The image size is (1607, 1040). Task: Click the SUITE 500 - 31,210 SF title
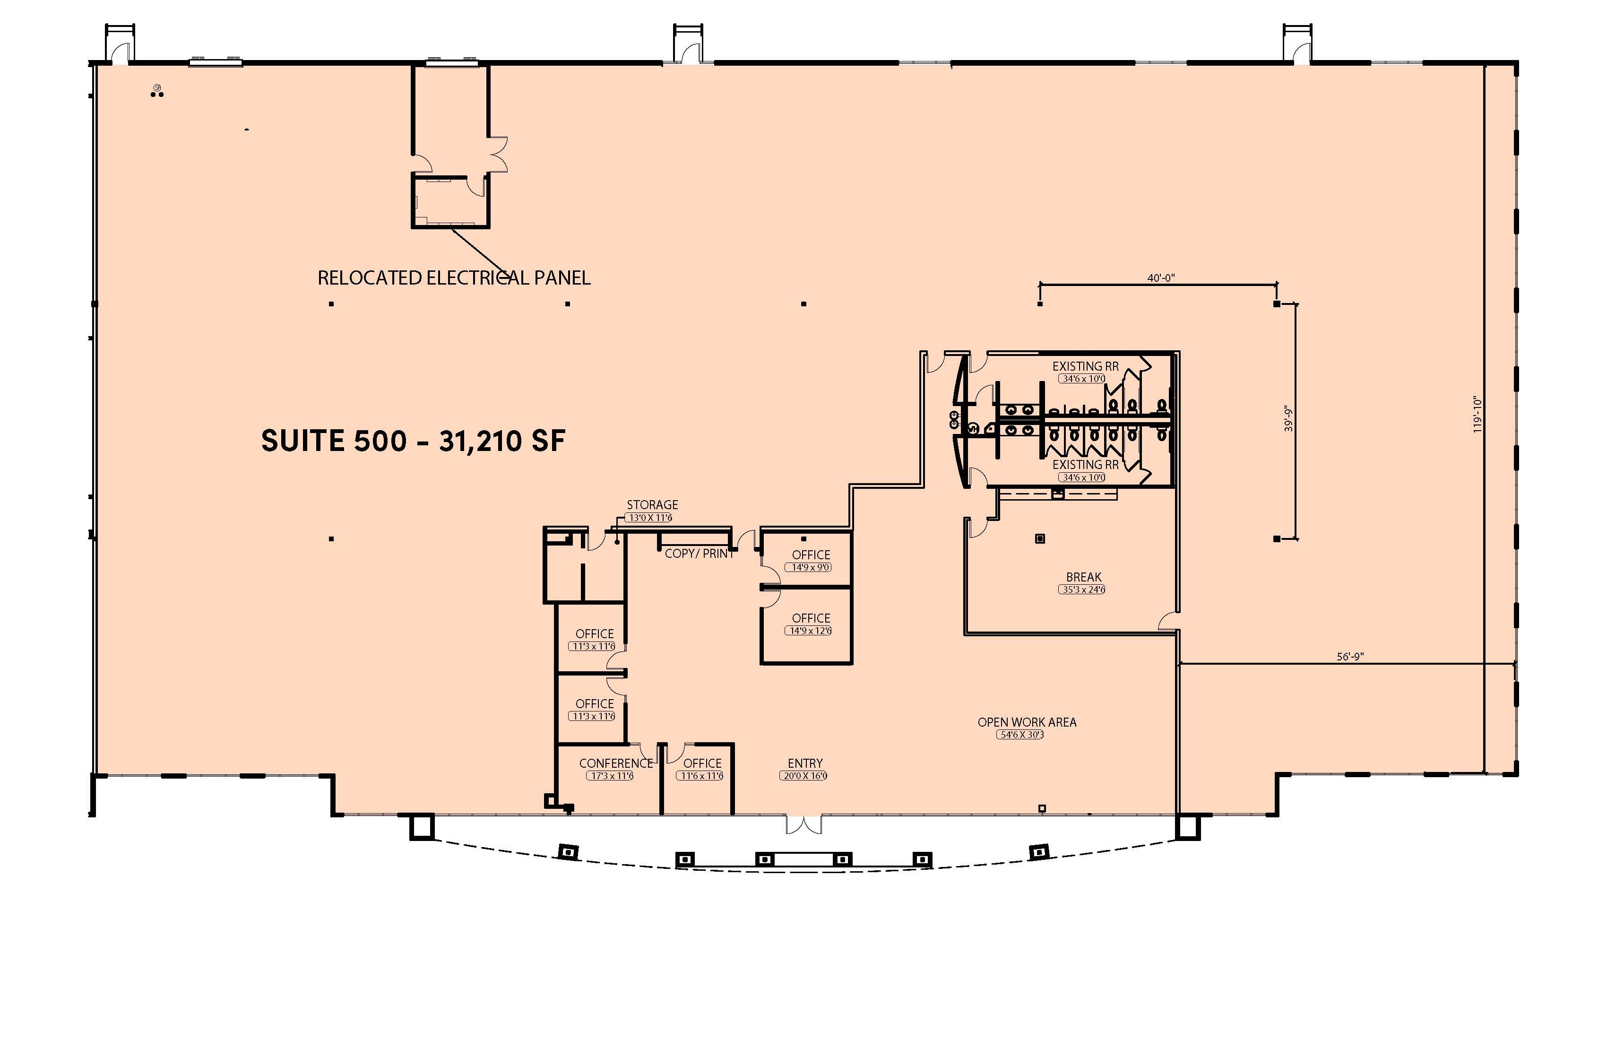413,441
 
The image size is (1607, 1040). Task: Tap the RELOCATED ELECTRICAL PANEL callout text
454,277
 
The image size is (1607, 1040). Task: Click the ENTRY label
805,763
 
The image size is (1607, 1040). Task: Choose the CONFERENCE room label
616,763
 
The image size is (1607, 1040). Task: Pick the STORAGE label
652,504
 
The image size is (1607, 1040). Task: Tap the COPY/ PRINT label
699,553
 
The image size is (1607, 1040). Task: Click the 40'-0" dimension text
1161,277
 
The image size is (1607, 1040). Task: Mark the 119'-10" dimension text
1478,414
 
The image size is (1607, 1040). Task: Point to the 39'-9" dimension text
1288,419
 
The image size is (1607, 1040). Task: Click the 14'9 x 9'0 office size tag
811,567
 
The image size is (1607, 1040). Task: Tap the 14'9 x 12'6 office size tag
808,631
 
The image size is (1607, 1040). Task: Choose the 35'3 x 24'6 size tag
1082,589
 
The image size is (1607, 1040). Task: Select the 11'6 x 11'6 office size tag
700,776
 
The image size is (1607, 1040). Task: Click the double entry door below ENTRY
804,824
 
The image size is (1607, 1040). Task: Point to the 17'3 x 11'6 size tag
610,776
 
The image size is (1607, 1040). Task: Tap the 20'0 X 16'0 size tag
803,776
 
